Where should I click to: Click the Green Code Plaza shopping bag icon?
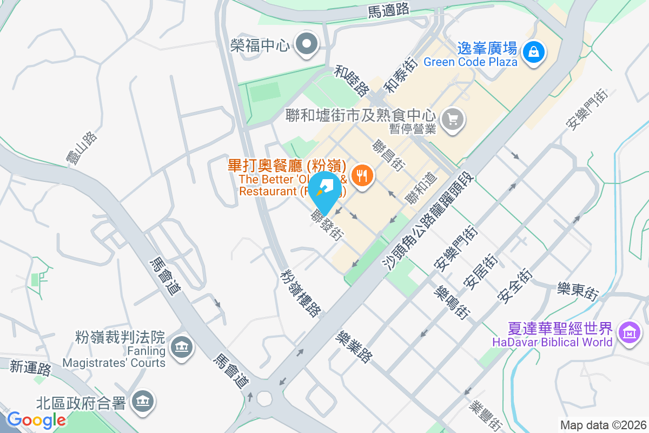[x=534, y=52]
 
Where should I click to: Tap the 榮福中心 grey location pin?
[x=308, y=45]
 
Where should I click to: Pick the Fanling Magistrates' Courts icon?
[x=181, y=346]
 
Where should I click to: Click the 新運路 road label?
[x=30, y=368]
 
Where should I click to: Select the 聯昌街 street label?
[x=389, y=155]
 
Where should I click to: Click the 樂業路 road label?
[x=354, y=347]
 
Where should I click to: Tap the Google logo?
[x=36, y=419]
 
